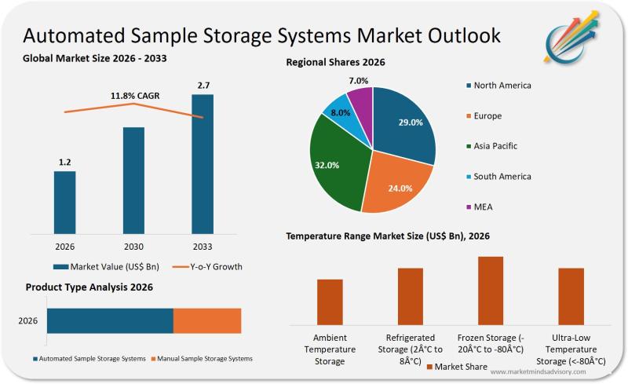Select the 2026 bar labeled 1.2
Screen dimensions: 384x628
65,202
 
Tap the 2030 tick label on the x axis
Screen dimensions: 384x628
133,246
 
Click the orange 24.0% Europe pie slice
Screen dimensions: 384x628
397,185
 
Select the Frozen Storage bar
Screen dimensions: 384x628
490,290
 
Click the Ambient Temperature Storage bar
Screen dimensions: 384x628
330,302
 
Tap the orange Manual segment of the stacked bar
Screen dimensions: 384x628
206,321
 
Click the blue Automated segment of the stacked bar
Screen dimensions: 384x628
110,321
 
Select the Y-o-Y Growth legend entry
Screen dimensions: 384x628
206,266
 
